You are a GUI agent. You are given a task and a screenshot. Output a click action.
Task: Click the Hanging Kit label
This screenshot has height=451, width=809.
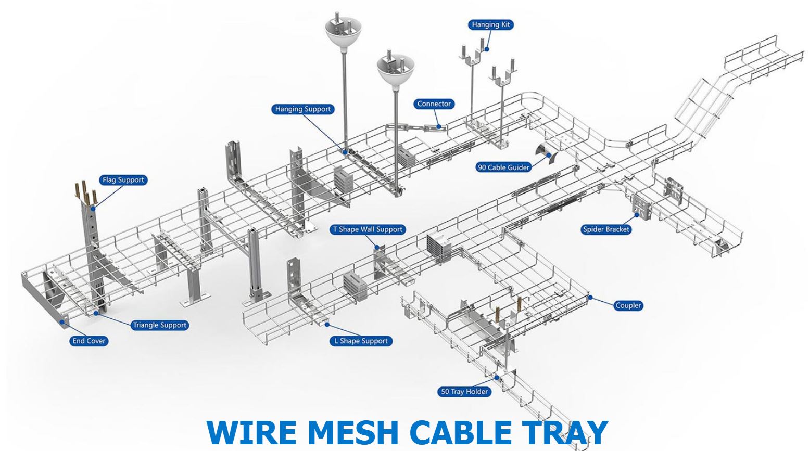(x=490, y=24)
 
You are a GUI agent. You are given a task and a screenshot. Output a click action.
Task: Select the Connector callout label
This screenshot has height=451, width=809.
(x=434, y=104)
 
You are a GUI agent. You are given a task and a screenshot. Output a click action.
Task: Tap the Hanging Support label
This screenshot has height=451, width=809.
(x=302, y=109)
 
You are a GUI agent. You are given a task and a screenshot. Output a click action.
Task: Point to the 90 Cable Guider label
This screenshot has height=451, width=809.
(x=503, y=167)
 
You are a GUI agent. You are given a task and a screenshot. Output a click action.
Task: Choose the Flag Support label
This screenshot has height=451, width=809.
(x=123, y=179)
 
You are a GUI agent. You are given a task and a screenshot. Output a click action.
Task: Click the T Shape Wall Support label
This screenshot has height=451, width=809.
(x=368, y=229)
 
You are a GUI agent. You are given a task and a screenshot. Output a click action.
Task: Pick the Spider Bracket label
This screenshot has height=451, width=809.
(x=606, y=229)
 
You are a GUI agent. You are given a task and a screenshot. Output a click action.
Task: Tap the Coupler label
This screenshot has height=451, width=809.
(x=628, y=305)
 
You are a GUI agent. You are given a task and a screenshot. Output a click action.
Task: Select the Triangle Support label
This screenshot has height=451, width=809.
(x=160, y=325)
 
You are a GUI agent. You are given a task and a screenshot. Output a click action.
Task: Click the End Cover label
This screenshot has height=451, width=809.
(x=89, y=341)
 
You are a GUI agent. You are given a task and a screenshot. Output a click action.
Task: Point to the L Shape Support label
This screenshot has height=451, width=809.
(x=361, y=341)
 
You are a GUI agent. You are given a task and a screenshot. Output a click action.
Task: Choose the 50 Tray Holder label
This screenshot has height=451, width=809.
(x=464, y=392)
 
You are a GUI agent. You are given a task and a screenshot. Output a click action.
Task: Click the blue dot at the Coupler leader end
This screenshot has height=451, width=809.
(x=590, y=298)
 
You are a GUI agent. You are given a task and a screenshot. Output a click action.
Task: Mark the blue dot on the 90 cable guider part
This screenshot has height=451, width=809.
(x=549, y=155)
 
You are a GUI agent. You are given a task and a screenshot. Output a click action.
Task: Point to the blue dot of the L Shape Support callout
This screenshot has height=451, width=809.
(x=327, y=325)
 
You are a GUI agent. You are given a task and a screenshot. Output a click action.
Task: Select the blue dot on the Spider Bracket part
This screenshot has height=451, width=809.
(x=637, y=215)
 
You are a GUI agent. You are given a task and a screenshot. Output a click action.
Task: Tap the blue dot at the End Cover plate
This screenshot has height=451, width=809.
(x=62, y=322)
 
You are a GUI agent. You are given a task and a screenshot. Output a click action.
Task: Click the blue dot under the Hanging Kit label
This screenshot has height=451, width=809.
(x=486, y=49)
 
